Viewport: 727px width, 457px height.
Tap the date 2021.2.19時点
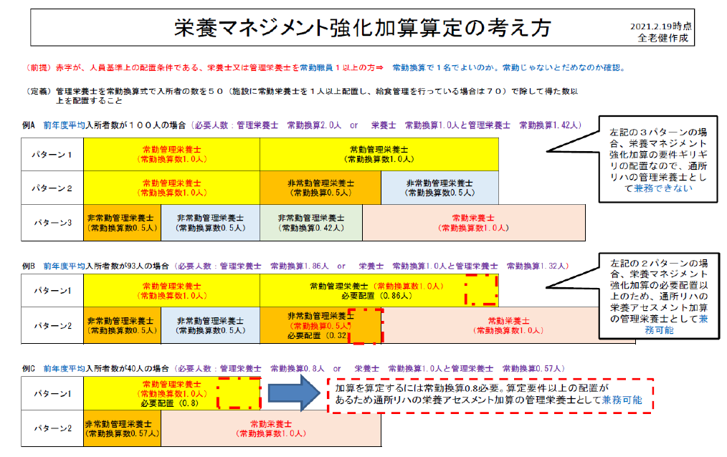660,26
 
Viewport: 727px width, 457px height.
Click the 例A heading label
29,125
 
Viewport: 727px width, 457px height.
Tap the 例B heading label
29,266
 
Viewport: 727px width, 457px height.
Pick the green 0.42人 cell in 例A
310,222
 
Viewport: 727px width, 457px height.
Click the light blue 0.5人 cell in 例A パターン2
439,188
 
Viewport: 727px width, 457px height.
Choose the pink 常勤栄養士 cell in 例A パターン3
473,222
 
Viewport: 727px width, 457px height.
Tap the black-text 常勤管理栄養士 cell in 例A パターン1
379,154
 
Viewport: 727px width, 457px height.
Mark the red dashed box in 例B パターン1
480,289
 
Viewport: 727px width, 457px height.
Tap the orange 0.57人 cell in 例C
122,428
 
